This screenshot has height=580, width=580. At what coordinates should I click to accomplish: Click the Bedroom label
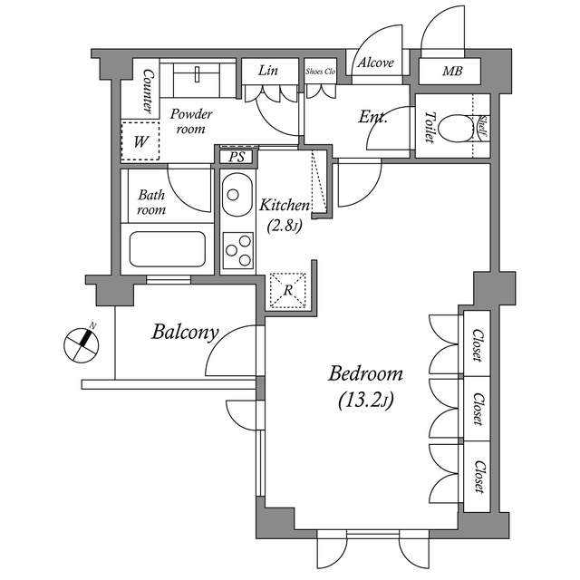(365, 373)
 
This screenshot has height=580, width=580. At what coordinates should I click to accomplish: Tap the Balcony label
(185, 332)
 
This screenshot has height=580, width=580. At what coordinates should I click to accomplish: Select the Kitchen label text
(284, 205)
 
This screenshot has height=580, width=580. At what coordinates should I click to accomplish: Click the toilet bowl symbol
(458, 129)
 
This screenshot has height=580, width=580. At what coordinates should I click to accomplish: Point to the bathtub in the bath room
(167, 248)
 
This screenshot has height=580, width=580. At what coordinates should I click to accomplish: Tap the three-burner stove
(238, 250)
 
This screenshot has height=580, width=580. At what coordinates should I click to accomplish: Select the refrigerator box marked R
(288, 290)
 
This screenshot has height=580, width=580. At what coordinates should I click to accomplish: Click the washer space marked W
(140, 141)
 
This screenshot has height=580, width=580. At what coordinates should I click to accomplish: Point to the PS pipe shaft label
(236, 157)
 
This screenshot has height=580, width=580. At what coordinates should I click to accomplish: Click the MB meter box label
(452, 71)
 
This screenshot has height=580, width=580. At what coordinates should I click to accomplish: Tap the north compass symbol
(82, 345)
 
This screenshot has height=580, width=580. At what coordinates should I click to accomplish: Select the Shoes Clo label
(320, 72)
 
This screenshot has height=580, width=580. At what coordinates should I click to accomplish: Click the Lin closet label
(268, 71)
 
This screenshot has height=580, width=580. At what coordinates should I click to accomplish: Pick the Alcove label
(375, 63)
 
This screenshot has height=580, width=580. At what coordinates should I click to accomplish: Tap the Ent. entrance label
(372, 118)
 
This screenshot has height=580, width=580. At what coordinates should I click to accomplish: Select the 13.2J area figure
(365, 400)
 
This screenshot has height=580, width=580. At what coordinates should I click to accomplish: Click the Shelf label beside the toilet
(483, 127)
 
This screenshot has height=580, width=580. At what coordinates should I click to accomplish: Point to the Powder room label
(191, 121)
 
